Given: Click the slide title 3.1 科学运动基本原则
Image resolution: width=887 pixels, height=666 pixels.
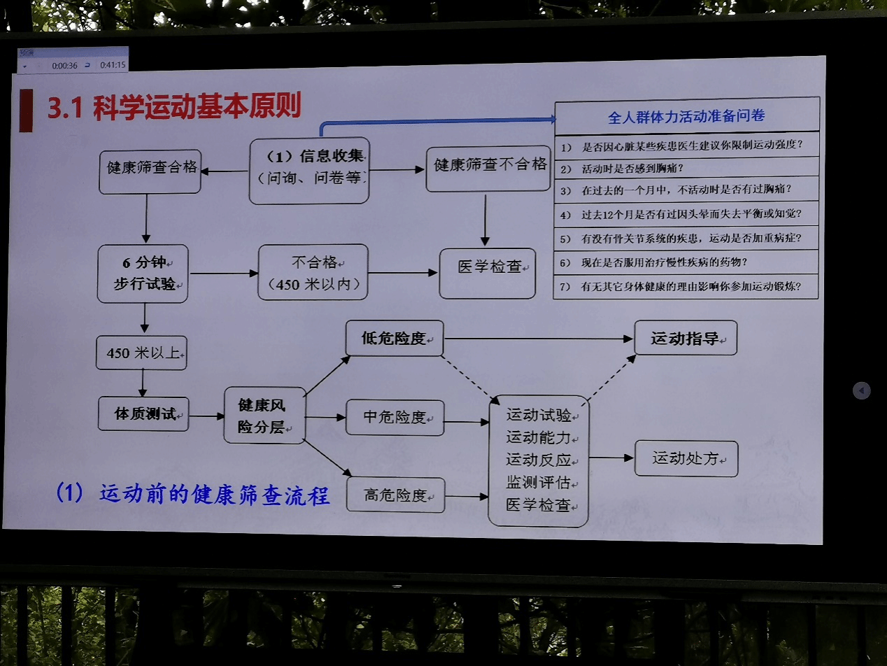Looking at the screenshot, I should (174, 107).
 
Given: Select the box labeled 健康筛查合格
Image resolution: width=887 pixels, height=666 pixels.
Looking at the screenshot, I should (150, 169).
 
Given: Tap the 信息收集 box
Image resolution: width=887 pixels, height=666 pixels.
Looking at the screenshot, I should (309, 171).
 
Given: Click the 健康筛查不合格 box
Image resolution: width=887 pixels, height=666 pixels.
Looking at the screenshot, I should (488, 166).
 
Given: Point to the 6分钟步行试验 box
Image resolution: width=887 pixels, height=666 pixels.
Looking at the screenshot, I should (143, 274).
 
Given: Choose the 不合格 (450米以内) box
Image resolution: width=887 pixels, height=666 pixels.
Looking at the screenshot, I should (313, 274).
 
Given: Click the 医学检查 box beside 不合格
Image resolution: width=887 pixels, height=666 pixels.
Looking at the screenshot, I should (487, 274).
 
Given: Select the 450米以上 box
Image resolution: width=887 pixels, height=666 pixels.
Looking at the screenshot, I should (141, 353).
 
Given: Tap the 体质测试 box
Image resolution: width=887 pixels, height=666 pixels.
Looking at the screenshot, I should (143, 413).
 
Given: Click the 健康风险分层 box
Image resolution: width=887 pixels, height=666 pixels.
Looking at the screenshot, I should (264, 416).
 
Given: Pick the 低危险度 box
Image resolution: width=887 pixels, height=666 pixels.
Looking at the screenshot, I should (395, 339).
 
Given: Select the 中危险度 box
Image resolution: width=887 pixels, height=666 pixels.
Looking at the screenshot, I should (395, 418).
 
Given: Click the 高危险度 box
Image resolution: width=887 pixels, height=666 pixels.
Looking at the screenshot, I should (395, 495).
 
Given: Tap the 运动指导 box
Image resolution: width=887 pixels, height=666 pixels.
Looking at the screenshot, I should (685, 339).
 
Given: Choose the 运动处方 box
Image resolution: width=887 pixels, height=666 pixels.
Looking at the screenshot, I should (686, 459).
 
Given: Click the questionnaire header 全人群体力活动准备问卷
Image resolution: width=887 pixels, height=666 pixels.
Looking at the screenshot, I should (686, 116).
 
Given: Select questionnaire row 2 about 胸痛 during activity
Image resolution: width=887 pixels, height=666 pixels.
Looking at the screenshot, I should (686, 168).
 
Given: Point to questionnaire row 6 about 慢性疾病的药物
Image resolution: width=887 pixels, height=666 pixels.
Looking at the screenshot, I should (686, 262).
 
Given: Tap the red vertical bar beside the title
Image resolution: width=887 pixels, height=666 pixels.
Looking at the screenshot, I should (26, 111).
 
